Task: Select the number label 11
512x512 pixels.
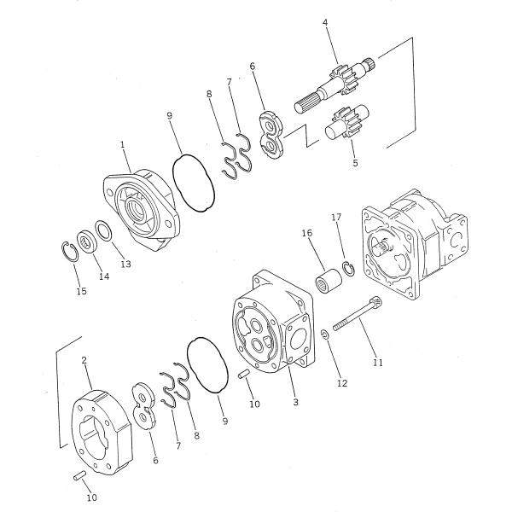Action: pos(378,362)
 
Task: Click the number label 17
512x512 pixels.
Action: pos(336,218)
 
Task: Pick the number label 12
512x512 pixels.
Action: pos(342,384)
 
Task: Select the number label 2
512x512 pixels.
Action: pos(84,361)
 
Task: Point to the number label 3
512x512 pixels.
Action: pos(295,401)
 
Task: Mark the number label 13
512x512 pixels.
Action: pos(125,265)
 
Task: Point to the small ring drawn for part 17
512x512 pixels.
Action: pos(348,271)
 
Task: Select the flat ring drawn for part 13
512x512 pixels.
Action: pos(102,230)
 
